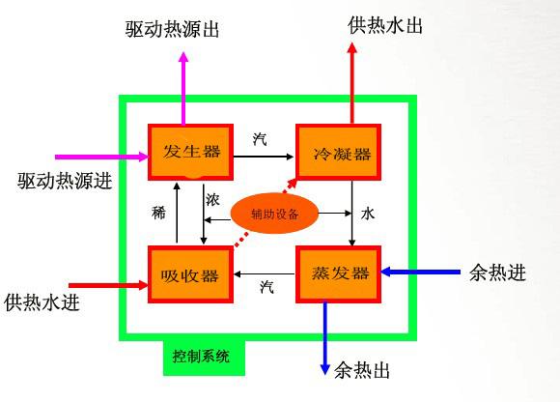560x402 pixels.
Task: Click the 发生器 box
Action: point(191,152)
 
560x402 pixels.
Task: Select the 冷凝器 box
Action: point(338,152)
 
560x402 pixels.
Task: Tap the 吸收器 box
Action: point(191,274)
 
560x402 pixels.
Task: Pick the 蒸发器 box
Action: point(338,274)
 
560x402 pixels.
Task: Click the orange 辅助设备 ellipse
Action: point(274,214)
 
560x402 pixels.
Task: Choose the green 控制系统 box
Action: point(204,357)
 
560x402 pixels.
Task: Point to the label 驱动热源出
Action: point(172,29)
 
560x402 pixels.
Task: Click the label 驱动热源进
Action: point(65,181)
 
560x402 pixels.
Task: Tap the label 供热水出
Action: point(385,25)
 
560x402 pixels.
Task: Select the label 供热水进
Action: point(42,302)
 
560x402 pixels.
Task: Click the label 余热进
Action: point(498,273)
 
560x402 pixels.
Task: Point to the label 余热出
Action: point(362,370)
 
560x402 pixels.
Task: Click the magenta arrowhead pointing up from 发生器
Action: point(183,57)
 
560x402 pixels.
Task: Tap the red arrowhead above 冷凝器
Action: point(352,48)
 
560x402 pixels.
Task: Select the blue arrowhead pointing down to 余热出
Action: point(324,369)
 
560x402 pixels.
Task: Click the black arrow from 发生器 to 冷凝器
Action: point(264,157)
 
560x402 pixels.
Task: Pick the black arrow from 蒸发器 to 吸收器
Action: point(265,274)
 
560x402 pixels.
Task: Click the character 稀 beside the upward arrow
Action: point(159,213)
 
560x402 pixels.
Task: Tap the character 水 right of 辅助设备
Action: point(368,214)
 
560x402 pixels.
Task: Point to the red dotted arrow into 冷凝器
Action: point(266,212)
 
